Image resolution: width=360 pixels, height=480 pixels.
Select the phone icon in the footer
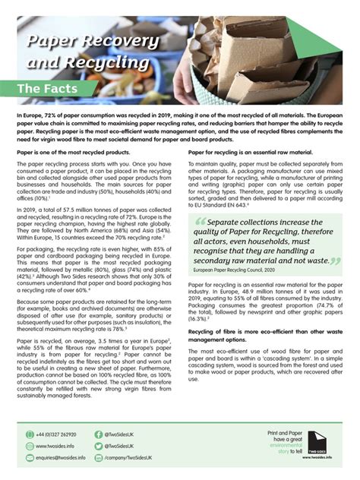[x=24, y=434]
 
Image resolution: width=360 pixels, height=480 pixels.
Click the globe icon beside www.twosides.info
[x=24, y=447]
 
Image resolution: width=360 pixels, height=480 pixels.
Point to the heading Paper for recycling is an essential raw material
[x=250, y=153]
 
